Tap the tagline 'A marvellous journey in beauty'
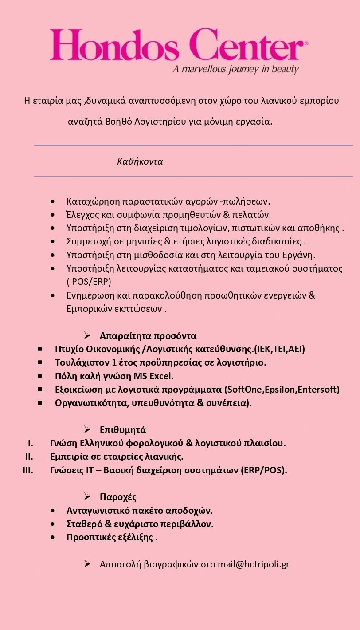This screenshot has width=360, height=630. [235, 69]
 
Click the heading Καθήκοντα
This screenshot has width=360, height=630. [140, 161]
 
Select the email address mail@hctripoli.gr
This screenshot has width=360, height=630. [253, 564]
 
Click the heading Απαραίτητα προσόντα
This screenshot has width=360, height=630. [148, 335]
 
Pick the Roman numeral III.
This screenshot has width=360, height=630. [28, 470]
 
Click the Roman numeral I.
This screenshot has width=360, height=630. [31, 443]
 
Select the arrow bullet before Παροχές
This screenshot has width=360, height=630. [87, 496]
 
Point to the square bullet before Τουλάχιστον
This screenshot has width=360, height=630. [40, 362]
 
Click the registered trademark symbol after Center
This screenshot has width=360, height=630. [306, 43]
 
